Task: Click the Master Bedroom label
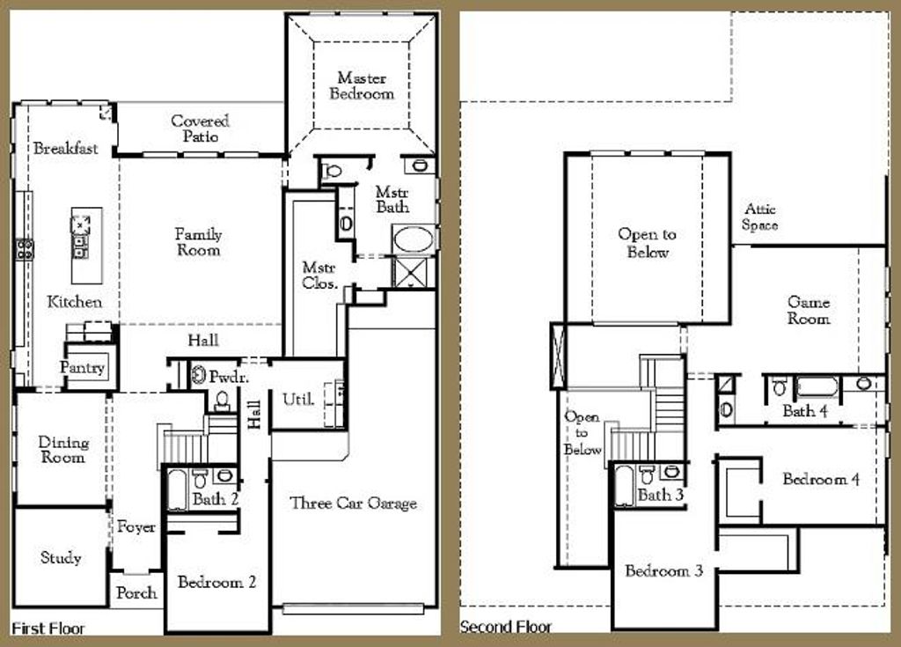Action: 362,86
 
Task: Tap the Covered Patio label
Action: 200,129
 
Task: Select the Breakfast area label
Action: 65,149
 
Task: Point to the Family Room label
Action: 198,242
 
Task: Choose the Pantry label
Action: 83,368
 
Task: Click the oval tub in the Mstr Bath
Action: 412,239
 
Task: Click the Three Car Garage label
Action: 353,504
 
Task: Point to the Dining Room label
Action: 63,450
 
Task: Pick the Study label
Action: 61,557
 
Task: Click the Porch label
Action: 136,593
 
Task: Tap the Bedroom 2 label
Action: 216,582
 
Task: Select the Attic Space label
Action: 759,217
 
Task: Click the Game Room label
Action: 808,311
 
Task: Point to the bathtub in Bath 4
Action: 817,386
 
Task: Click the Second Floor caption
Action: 506,627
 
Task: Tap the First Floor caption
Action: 48,629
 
